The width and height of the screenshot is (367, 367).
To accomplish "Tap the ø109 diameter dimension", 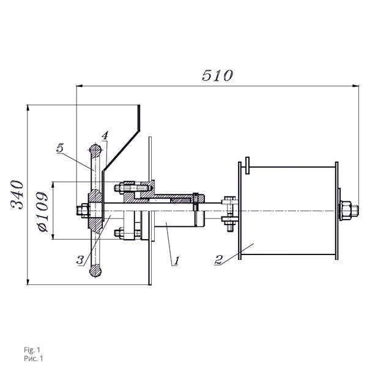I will coord(42,212).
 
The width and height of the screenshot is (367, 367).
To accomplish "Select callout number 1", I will coord(176,261).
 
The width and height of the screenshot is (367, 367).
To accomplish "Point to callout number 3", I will coord(80,260).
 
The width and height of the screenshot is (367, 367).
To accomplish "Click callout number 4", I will coord(105,135).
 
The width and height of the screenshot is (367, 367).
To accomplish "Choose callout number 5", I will coord(59,147).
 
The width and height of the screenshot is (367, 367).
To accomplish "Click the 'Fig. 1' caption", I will coord(32,349).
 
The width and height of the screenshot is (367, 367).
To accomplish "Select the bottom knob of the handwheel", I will coord(95,270).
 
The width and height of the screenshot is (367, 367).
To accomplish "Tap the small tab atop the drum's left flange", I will coord(246,163).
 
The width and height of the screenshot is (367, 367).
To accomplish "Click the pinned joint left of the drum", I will coord(229,212).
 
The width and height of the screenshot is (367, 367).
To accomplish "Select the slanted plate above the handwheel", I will coord(125,146).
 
